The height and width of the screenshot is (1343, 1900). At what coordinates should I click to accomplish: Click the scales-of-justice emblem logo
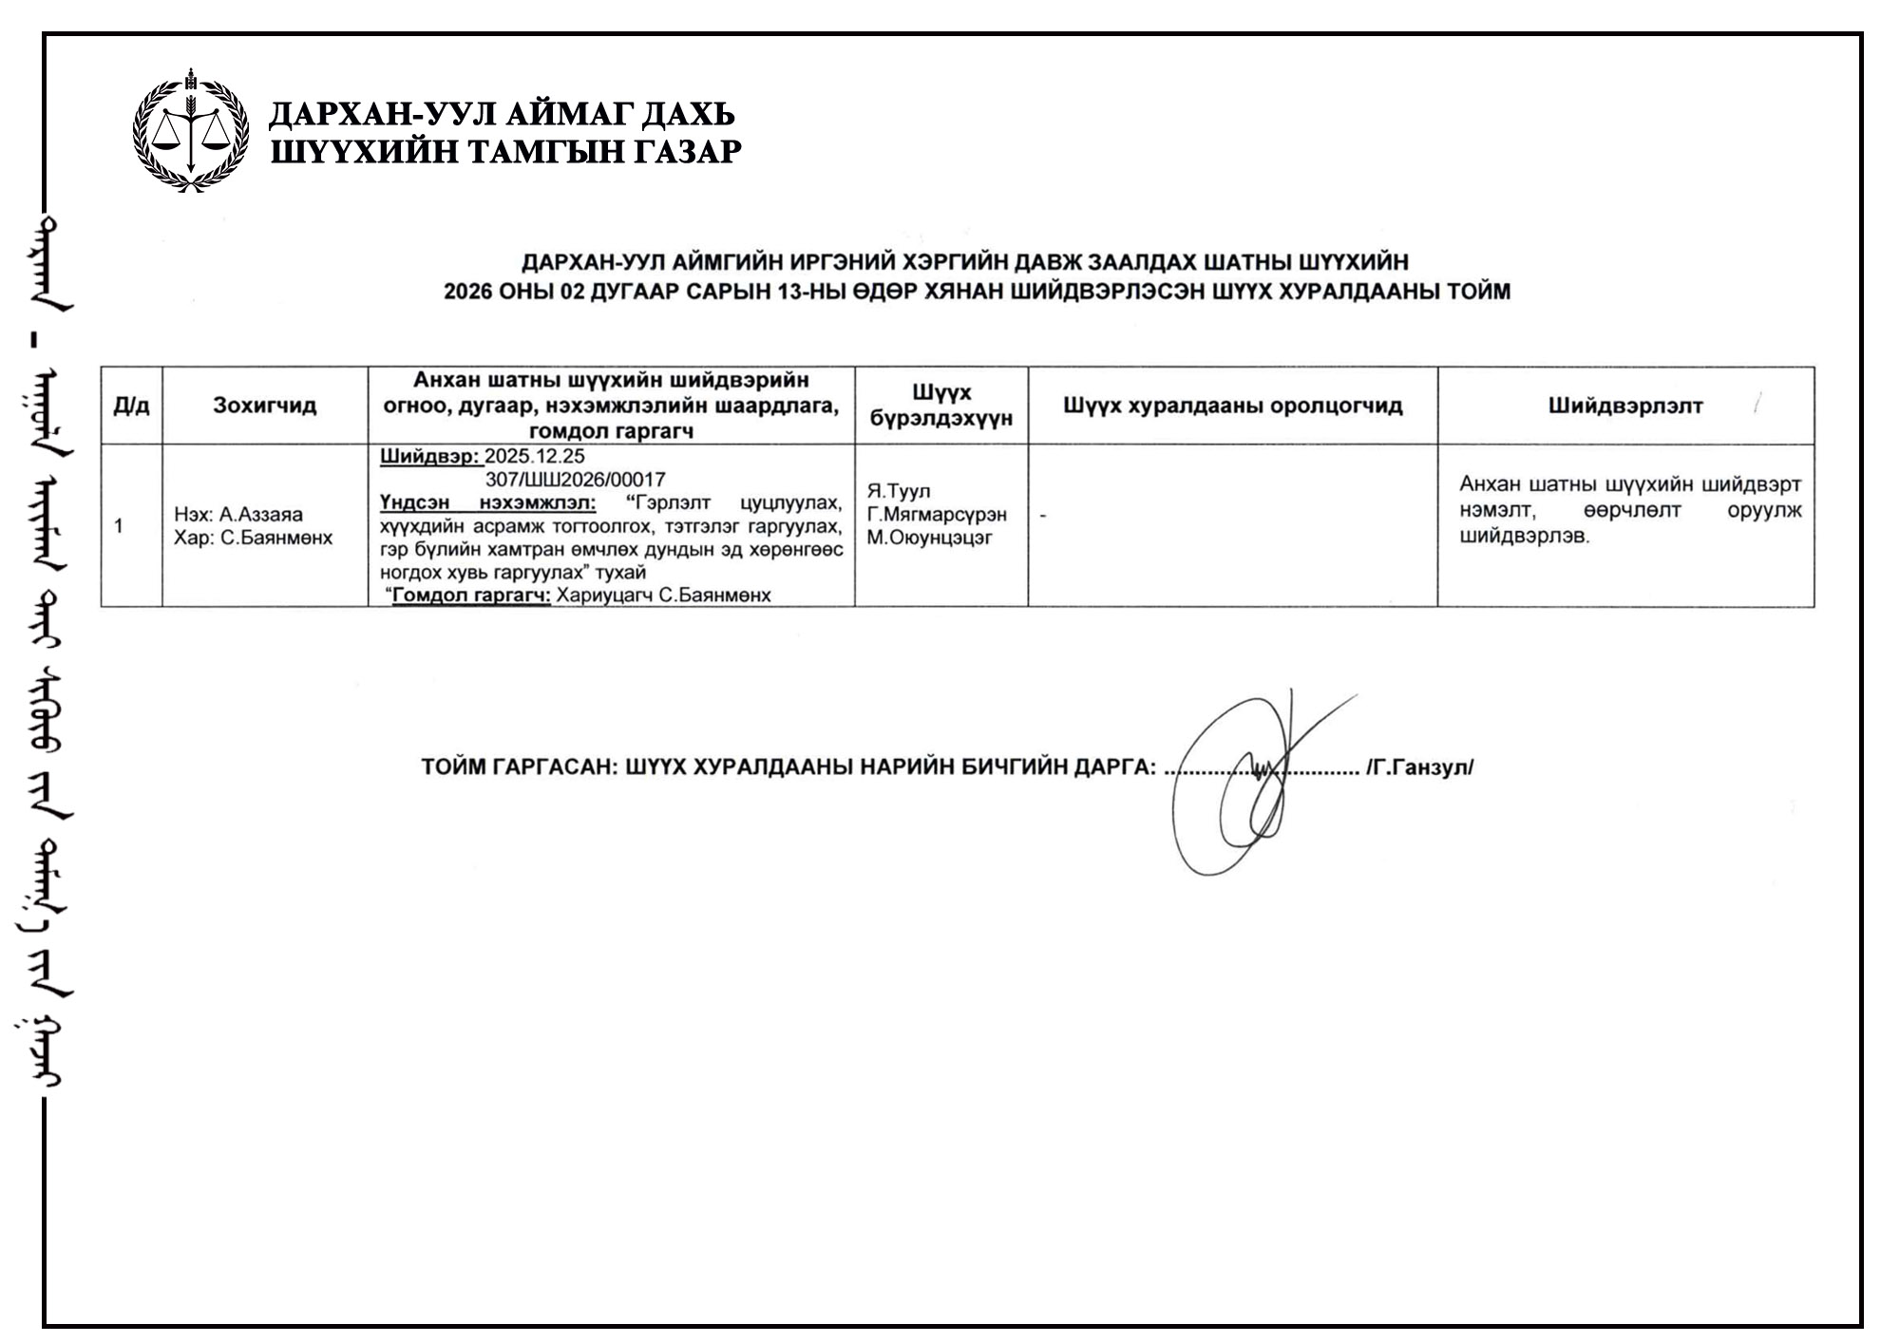191,131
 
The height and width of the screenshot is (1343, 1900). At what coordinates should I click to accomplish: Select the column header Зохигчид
264,406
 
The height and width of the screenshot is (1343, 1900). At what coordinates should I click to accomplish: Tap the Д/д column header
131,406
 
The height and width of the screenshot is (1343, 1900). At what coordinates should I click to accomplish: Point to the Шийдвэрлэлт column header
1625,406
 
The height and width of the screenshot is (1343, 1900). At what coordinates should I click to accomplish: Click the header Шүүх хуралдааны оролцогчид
1232,406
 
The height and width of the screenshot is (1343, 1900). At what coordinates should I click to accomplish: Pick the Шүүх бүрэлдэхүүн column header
940,406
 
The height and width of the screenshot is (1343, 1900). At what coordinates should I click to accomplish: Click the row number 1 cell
118,525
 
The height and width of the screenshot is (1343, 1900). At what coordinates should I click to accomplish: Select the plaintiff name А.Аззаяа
260,514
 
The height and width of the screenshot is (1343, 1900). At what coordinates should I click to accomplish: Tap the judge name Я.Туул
898,491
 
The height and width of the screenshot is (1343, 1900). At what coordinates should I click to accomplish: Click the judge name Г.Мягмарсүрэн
936,514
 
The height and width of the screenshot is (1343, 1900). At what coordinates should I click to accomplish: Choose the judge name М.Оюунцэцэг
928,538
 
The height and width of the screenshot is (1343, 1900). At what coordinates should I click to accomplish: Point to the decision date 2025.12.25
535,456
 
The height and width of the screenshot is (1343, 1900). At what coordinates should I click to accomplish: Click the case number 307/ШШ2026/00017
575,480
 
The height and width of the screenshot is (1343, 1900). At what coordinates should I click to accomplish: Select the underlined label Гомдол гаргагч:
471,596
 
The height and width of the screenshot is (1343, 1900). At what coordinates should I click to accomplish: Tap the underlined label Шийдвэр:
429,456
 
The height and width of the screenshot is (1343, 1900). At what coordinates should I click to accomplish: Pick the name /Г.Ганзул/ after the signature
1419,767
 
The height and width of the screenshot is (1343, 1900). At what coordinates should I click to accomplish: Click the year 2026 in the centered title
467,292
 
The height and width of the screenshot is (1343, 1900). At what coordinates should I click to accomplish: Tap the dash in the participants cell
1043,516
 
